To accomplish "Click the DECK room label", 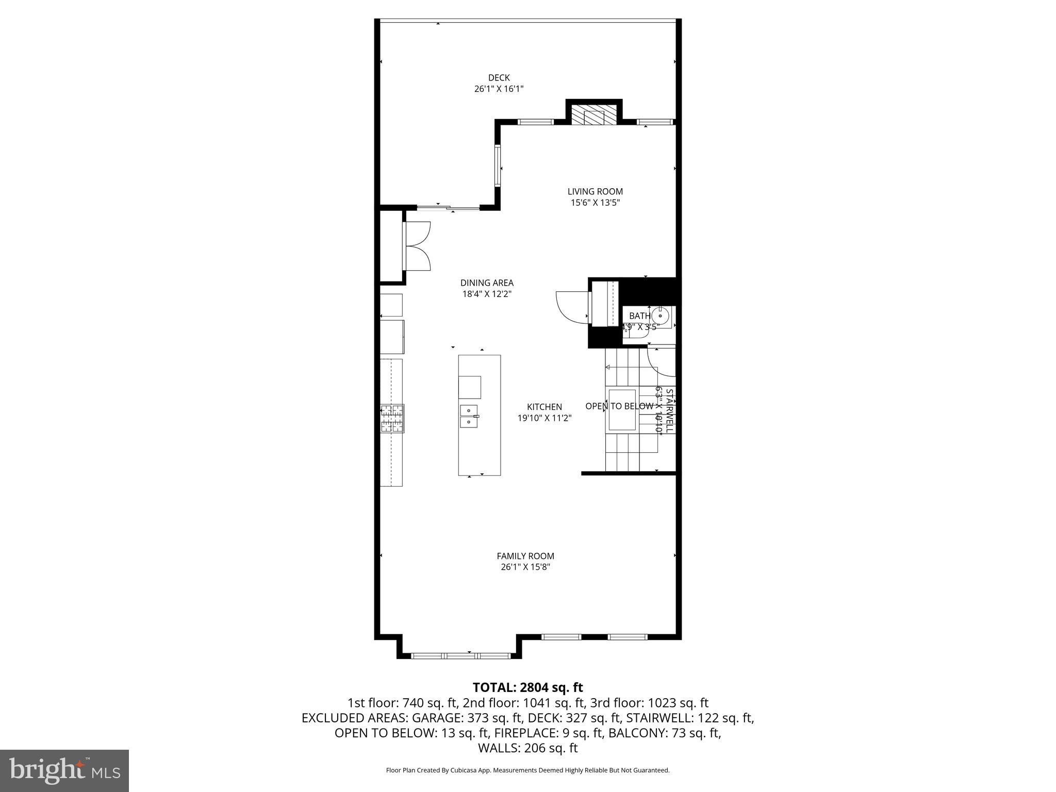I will click(x=499, y=78).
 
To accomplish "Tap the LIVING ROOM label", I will click(x=595, y=192).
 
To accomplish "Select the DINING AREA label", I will click(x=487, y=283).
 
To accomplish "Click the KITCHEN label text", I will click(x=544, y=407).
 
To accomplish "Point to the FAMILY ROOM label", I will click(x=525, y=556).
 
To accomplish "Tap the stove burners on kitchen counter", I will click(x=392, y=418).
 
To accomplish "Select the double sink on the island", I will click(x=469, y=416).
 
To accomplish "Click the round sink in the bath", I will click(x=660, y=315).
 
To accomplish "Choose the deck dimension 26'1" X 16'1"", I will click(x=499, y=89).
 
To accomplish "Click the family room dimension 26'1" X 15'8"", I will click(x=525, y=567).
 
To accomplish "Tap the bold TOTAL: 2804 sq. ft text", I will click(x=527, y=687).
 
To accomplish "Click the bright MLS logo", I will click(x=64, y=770).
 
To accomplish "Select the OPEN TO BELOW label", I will click(x=619, y=406).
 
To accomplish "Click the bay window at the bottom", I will click(x=460, y=656).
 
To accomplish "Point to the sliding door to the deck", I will click(x=448, y=208).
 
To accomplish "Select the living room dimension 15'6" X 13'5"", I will click(x=595, y=203).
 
